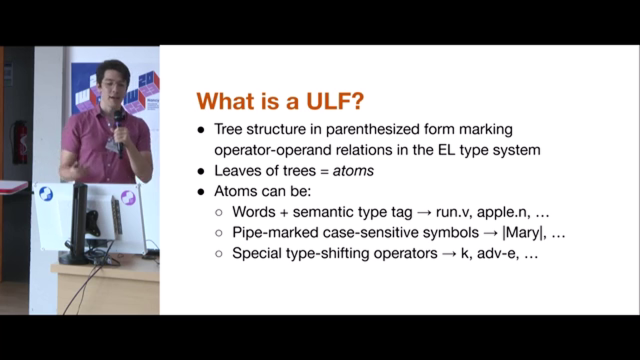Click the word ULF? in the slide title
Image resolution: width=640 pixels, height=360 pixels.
(335, 101)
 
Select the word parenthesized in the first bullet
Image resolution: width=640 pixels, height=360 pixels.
(372, 129)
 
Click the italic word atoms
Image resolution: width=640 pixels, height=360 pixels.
(353, 171)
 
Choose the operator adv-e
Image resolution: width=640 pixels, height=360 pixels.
(497, 253)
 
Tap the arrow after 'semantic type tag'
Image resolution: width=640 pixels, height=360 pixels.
(424, 213)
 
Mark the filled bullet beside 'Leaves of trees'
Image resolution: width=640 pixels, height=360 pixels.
(201, 171)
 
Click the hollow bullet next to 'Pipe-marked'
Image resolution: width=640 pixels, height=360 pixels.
(219, 233)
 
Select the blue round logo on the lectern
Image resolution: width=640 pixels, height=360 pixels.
(45, 193)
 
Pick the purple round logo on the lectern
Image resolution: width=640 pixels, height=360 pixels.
(128, 197)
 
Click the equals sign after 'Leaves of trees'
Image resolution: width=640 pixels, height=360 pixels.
(323, 171)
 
